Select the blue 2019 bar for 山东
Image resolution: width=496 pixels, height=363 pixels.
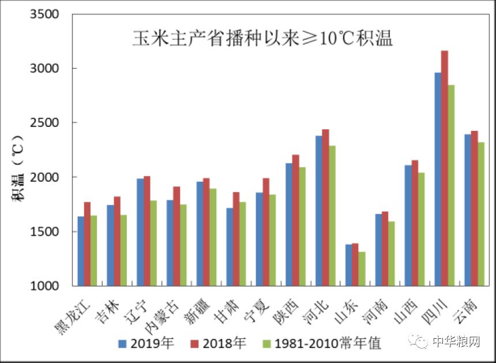point(348,265)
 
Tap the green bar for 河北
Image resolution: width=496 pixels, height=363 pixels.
point(332,216)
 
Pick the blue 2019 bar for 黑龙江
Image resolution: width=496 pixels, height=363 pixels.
point(81,251)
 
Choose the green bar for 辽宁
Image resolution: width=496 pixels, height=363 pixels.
point(153,243)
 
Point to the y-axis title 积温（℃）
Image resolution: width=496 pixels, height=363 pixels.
point(18,167)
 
